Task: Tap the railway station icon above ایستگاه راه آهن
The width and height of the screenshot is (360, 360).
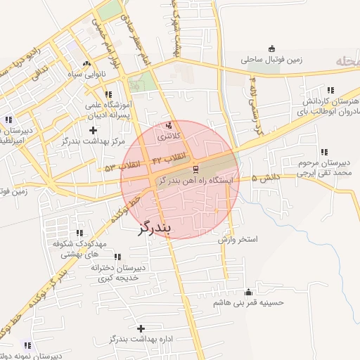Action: tap(195, 169)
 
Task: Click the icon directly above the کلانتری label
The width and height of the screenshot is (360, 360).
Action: tap(168, 126)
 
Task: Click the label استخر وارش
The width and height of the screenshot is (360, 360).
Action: tap(238, 240)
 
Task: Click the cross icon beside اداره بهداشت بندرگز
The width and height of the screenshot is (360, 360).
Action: tap(141, 328)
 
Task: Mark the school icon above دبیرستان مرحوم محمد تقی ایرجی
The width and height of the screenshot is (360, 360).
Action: tap(324, 152)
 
